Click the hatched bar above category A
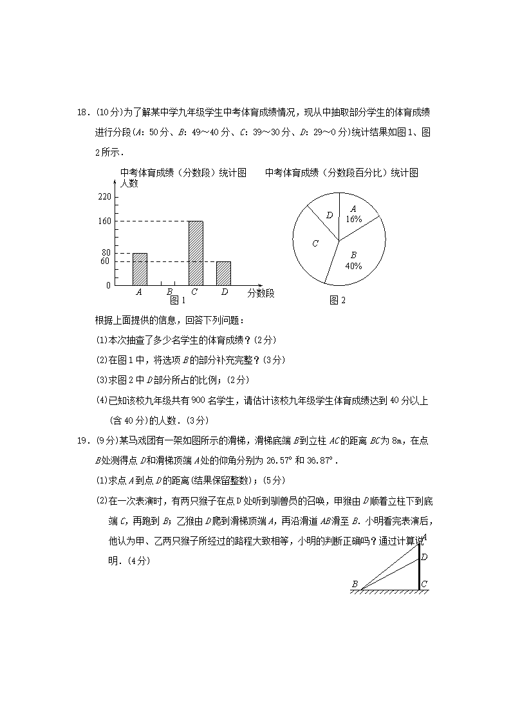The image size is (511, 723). click(140, 269)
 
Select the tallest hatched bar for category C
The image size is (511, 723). click(195, 253)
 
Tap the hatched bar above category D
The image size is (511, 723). click(223, 273)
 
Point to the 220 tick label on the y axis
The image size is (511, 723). click(104, 196)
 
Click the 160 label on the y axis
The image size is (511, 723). click(104, 221)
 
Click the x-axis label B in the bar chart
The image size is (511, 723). click(169, 292)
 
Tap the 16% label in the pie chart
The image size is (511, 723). click(353, 219)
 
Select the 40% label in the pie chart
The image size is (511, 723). click(353, 265)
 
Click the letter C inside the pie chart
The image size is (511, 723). click(315, 243)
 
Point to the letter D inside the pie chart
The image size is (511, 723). click(330, 215)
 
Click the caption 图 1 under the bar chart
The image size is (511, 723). click(177, 300)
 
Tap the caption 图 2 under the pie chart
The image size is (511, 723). click(337, 300)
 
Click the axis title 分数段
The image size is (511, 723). click(261, 294)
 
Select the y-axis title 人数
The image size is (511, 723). click(129, 183)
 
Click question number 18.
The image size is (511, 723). click(82, 112)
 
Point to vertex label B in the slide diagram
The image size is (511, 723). click(355, 584)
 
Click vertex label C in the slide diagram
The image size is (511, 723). click(424, 585)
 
